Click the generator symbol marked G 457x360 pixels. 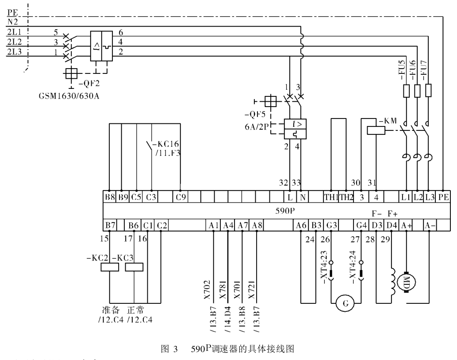pos(346,303)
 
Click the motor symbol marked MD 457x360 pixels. pos(406,280)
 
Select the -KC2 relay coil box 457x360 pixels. pos(109,267)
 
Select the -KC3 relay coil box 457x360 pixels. pos(134,267)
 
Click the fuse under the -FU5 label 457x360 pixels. pos(406,91)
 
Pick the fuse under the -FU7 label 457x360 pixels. pos(428,91)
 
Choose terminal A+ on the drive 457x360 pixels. pos(406,225)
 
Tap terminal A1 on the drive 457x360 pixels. pos(213,225)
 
